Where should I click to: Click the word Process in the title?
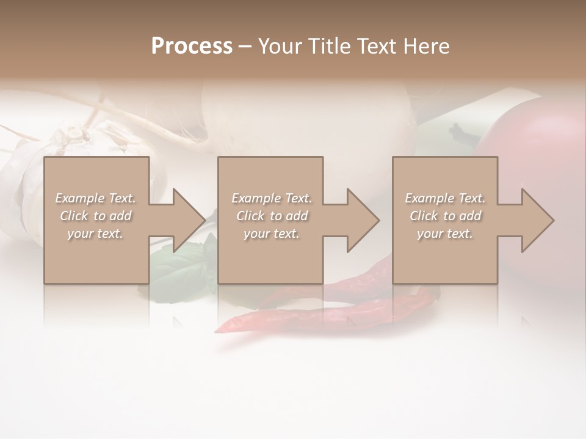pos(192,46)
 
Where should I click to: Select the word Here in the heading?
pos(425,46)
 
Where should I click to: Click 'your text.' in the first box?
pos(95,234)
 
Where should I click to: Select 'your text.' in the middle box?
pos(271,234)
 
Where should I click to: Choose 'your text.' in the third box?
pos(445,234)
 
